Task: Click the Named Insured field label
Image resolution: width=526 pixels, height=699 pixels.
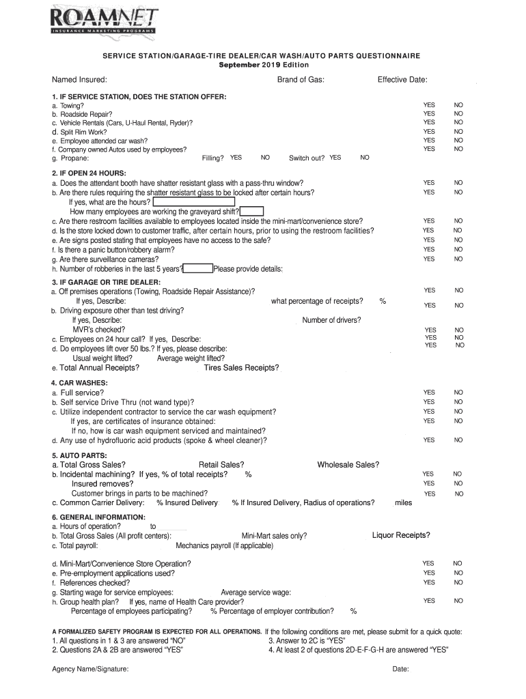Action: [79, 80]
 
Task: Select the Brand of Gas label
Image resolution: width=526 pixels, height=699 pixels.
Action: [301, 80]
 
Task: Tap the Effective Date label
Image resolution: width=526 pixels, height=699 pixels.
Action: [402, 80]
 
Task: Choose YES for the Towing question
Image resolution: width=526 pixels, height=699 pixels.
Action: [429, 105]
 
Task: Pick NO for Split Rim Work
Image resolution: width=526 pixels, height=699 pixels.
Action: [458, 132]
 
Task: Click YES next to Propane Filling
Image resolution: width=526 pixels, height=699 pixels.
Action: [236, 158]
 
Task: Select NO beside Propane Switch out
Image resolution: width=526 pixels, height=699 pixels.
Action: [365, 158]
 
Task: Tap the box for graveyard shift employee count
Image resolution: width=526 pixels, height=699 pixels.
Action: [252, 212]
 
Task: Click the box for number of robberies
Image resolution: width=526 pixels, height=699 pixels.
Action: [198, 268]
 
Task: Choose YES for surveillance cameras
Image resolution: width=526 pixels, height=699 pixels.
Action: [429, 259]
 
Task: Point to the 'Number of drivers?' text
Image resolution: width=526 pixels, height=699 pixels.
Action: [331, 320]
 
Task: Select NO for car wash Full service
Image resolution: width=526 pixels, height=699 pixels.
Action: [458, 393]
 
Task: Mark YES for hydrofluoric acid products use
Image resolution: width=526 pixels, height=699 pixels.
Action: [429, 440]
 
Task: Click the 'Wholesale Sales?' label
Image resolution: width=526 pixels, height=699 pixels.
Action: [348, 465]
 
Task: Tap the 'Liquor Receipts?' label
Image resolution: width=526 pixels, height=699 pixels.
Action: [401, 534]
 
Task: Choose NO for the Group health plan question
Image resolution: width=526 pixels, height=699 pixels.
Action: [458, 601]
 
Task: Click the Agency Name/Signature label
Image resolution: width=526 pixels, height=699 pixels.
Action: [90, 669]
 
